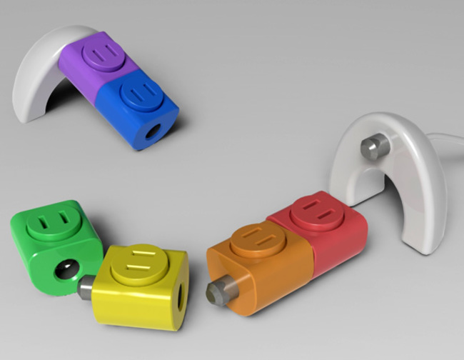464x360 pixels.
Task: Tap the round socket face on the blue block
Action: [141, 92]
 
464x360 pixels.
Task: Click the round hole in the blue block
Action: [152, 133]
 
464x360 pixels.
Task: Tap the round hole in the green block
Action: [66, 270]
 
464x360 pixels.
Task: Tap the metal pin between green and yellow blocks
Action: [86, 286]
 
